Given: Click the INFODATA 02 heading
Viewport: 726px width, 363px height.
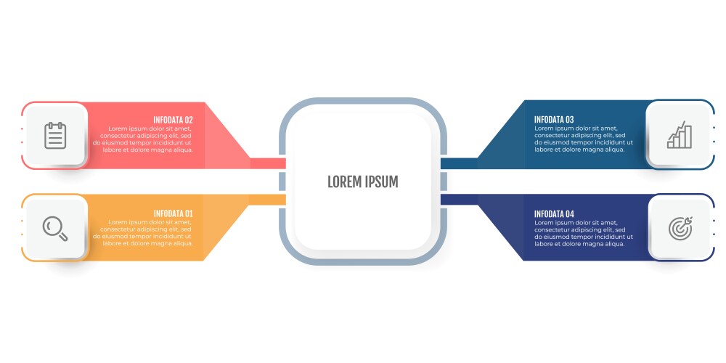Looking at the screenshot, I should [x=173, y=120].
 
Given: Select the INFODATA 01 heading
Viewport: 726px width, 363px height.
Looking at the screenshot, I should [x=173, y=213].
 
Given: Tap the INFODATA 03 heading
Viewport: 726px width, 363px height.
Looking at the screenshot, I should [x=554, y=120].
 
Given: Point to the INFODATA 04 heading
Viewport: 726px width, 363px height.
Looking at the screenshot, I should [x=554, y=213].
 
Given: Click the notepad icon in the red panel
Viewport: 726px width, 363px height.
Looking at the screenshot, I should [x=55, y=136].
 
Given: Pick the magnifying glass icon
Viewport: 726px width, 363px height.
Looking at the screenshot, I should [x=55, y=228].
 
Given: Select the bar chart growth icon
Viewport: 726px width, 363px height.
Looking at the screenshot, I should [x=680, y=136].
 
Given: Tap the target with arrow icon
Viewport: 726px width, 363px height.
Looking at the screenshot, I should [x=680, y=228].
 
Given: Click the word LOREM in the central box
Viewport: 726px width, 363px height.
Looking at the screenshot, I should [x=344, y=181].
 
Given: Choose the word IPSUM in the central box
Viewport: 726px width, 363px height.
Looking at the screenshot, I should [x=382, y=181].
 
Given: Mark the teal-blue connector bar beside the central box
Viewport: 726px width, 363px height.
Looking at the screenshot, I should [x=458, y=163].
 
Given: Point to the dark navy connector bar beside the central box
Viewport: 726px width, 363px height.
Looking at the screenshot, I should [x=458, y=200].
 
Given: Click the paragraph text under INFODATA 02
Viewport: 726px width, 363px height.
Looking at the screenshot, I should [x=145, y=139].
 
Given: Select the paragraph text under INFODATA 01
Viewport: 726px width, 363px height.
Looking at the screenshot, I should [x=145, y=232].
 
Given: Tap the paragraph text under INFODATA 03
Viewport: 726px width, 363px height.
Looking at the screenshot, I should [x=579, y=139].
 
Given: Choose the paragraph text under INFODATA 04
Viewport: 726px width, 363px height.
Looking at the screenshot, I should [x=579, y=232].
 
